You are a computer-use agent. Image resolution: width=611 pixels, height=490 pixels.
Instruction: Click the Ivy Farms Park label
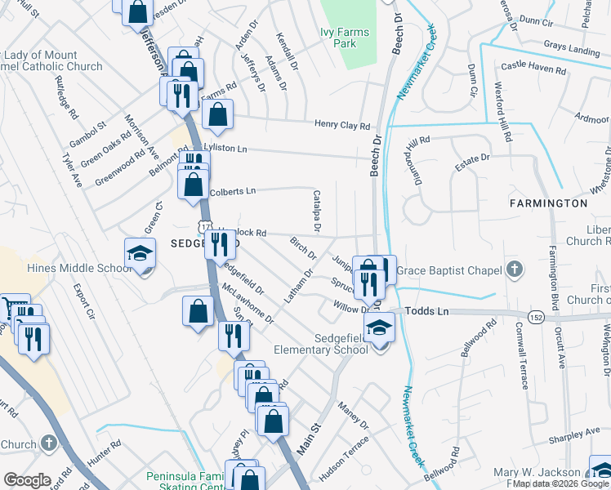pos(344,38)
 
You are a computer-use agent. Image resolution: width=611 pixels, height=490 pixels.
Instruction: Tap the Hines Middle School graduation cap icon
pos(140,254)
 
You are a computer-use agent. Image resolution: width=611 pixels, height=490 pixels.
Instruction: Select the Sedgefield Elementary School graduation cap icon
pos(378,329)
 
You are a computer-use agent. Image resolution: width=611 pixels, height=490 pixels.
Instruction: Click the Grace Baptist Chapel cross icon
pos(514,269)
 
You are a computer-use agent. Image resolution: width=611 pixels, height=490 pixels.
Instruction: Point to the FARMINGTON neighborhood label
pos(548,203)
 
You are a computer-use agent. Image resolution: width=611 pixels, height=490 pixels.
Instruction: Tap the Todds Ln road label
pos(426,311)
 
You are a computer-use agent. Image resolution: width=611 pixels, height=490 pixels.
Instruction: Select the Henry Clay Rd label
pos(343,126)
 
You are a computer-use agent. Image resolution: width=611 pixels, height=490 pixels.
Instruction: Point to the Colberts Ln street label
pos(233,191)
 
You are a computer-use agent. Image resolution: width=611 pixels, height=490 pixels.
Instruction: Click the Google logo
pos(27,479)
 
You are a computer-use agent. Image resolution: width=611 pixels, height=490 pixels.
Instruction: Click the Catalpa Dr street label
pos(316,211)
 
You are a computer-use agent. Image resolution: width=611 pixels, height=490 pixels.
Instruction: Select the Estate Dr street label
pos(472,158)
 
